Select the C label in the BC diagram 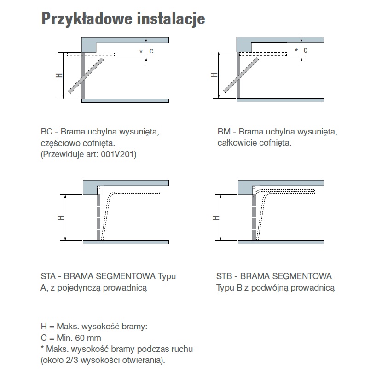pos(151,51)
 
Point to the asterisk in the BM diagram pos(296,51)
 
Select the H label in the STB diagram pos(215,218)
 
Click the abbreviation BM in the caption pos(223,132)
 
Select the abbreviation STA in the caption pos(49,276)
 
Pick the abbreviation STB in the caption pos(225,276)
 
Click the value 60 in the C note pos(81,338)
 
